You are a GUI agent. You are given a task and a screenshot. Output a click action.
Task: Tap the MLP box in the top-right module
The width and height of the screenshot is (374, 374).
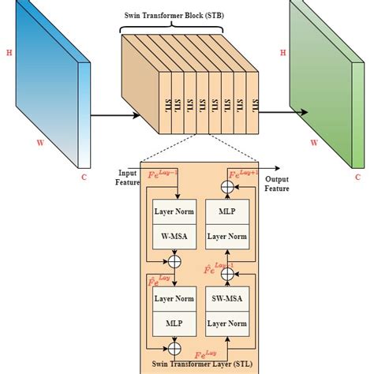pos(228,211)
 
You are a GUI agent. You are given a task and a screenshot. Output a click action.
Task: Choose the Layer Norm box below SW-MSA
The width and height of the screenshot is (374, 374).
pos(228,324)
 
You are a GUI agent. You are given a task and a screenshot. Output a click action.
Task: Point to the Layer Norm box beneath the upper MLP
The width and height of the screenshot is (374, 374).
pos(228,236)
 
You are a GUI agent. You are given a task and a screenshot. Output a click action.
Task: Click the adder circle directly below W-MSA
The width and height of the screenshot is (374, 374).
pos(176,261)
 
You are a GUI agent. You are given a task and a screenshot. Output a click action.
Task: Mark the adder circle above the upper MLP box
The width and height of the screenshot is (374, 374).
pos(228,187)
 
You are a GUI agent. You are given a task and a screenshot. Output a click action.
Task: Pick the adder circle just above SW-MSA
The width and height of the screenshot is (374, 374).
pos(228,273)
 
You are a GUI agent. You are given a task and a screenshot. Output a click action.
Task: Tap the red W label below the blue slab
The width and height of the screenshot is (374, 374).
pos(40,144)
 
